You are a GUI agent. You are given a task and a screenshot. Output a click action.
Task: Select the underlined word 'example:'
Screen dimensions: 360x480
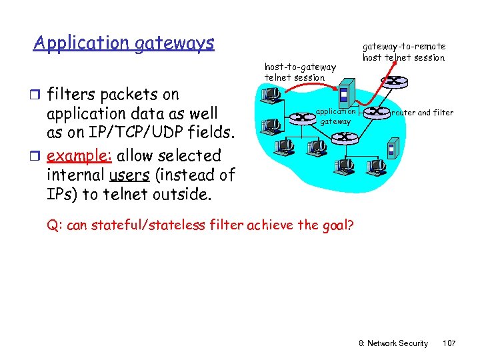point(81,156)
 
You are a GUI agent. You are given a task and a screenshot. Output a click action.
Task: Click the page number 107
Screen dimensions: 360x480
point(449,343)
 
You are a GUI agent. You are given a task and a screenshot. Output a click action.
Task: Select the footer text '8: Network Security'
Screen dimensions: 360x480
point(393,343)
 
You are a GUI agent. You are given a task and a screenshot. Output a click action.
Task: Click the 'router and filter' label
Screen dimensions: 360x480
point(423,113)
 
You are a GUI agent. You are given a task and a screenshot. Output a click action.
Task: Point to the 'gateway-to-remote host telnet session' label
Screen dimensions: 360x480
point(403,52)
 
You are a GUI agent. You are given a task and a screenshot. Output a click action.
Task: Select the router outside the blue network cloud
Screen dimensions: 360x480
point(396,81)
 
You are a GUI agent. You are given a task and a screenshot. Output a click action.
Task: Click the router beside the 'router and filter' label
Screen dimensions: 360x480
point(377,111)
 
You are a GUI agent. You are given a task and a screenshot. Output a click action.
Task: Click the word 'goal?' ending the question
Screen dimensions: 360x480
point(338,225)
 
